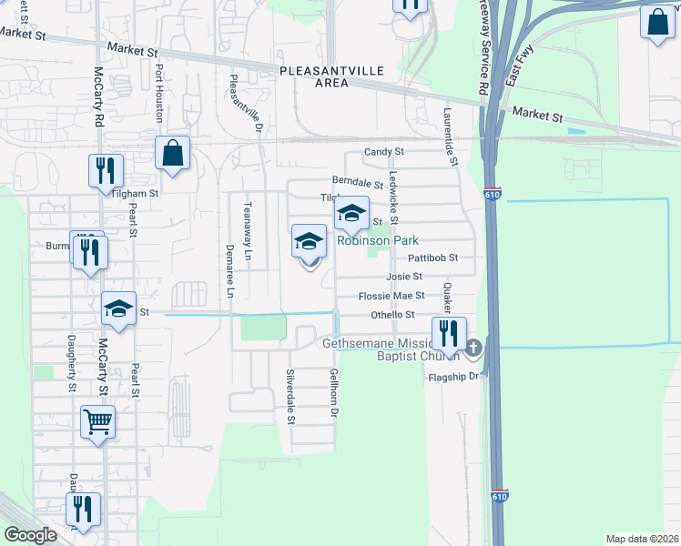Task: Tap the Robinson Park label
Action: [378, 241]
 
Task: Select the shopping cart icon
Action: [98, 421]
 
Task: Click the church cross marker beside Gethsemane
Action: [473, 348]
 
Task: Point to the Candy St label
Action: [383, 152]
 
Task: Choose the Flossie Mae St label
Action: [391, 296]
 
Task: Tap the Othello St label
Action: [392, 315]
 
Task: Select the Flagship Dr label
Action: [452, 375]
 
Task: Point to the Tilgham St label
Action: [135, 193]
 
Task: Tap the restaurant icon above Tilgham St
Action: [106, 170]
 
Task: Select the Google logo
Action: [31, 535]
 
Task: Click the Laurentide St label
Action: [450, 137]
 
